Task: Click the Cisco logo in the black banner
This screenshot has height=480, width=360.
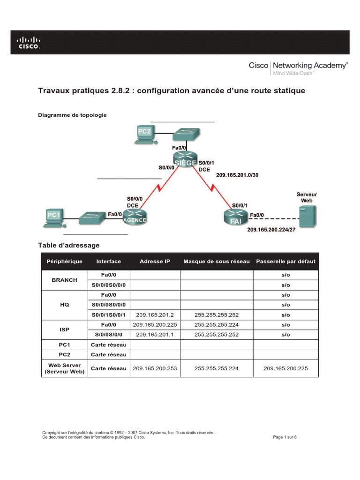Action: click(x=29, y=43)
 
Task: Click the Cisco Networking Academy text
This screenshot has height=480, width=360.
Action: click(x=298, y=66)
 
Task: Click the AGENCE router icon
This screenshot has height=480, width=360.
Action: click(x=134, y=216)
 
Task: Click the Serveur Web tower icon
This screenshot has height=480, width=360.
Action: click(x=307, y=217)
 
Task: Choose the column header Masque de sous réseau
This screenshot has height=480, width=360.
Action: click(x=217, y=261)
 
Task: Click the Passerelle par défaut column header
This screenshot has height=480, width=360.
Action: click(x=285, y=261)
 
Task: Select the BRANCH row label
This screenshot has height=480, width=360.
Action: click(x=65, y=280)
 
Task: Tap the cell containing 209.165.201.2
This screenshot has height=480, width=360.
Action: click(x=155, y=315)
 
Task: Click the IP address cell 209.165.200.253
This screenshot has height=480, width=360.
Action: click(x=155, y=368)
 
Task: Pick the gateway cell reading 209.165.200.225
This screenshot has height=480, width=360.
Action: click(x=285, y=368)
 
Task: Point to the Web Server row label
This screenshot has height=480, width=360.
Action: click(x=65, y=368)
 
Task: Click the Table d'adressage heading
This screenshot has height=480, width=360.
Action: click(x=68, y=245)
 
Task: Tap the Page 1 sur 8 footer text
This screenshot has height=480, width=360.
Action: click(x=285, y=437)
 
